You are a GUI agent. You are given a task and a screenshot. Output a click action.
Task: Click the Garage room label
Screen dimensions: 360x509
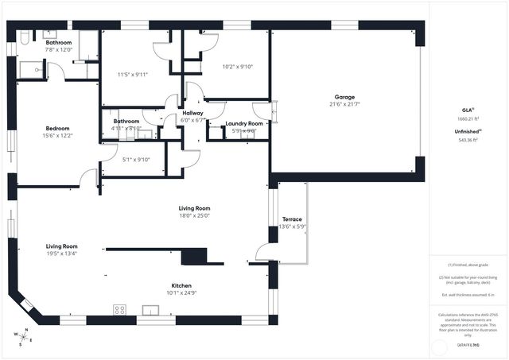tap(344, 97)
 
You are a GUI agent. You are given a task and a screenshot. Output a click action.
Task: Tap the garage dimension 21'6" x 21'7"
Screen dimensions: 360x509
tap(344, 104)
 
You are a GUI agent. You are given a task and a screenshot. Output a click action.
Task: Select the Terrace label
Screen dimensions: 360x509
tap(292, 219)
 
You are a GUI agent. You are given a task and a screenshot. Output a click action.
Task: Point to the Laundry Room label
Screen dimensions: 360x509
tap(243, 124)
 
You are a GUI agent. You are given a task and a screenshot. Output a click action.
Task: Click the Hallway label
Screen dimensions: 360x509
tap(192, 113)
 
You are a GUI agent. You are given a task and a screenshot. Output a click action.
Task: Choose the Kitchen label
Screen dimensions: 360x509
tap(181, 285)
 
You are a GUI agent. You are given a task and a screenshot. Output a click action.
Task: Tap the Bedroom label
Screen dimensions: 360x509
tap(57, 129)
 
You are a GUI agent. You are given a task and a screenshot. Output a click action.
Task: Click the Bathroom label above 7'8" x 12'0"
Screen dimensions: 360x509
tap(58, 42)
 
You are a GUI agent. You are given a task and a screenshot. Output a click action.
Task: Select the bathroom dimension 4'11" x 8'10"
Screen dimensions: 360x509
tap(126, 128)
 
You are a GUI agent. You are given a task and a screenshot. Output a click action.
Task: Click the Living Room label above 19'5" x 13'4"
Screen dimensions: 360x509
tap(61, 246)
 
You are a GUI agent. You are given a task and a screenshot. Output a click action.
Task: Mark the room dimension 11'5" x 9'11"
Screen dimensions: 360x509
tap(133, 75)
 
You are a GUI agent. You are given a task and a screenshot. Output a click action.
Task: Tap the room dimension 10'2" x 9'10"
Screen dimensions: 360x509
tap(237, 67)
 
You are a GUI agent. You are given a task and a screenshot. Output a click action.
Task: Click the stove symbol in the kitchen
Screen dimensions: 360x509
tap(121, 309)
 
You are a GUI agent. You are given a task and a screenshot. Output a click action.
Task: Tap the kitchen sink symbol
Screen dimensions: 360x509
tap(151, 309)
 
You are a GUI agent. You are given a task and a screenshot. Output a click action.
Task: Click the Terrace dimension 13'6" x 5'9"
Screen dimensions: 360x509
tap(292, 226)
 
